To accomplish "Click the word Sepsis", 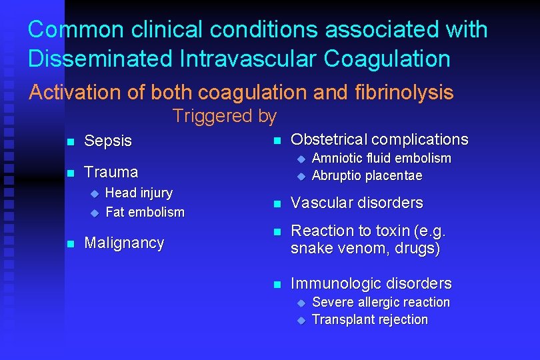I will point(108,141).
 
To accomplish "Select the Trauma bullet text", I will point(111,172).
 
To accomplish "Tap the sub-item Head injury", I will point(139,193).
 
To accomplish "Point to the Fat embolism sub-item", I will point(145,213).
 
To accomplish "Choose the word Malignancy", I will point(124,243).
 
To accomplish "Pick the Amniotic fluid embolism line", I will point(381,159).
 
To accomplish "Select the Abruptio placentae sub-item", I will point(367,176).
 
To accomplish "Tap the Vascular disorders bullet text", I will point(357,203).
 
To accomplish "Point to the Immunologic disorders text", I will point(371,284).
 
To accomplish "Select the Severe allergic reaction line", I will point(381,303).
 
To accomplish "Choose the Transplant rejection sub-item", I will point(369,320).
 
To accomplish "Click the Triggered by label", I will point(224,117).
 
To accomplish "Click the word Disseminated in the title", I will point(100,59).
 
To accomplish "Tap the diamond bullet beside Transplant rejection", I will point(300,321).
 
